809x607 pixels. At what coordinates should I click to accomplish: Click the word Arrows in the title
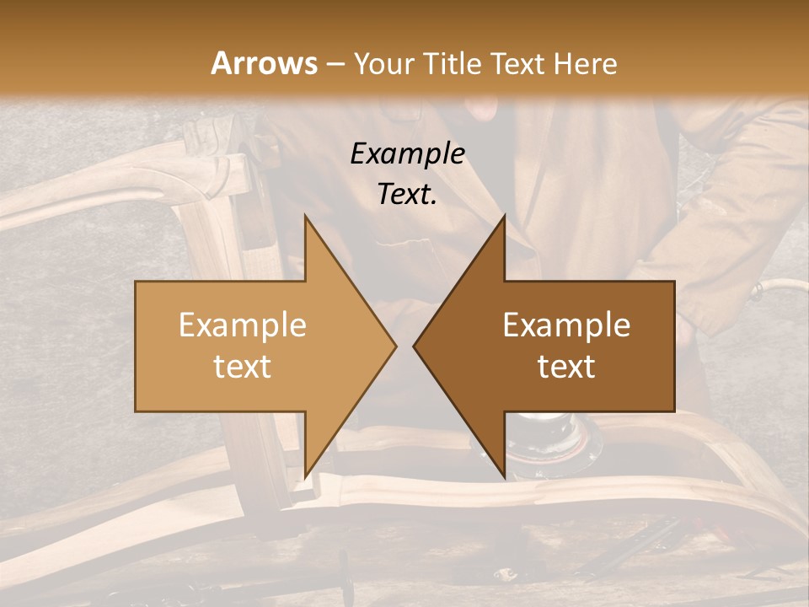(264, 63)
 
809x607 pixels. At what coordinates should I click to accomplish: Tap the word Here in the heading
(587, 63)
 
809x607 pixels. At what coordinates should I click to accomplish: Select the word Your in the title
(384, 63)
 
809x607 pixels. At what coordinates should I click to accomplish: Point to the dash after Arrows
(335, 64)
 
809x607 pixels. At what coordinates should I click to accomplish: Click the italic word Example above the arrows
(408, 153)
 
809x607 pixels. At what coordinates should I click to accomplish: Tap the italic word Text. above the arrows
(408, 194)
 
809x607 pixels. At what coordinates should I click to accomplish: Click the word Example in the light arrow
(243, 325)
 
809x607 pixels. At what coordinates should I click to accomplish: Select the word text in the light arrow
(243, 367)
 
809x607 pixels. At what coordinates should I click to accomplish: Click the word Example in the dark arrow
(566, 325)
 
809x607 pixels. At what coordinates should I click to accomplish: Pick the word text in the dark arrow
(566, 367)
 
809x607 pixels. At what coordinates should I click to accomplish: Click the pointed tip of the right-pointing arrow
(395, 346)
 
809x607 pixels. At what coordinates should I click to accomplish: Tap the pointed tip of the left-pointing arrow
(415, 346)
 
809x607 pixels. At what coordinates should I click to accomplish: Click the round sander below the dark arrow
(556, 438)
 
